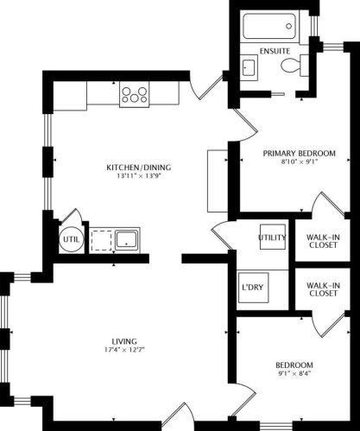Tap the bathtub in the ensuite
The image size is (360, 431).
pos(273,27)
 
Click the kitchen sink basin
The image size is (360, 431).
pos(128,238)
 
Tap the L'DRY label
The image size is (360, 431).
pos(251,284)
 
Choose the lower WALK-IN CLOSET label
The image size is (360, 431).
pos(323,288)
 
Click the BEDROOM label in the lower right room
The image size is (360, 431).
pos(294,364)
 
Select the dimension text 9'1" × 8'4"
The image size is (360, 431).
pos(294,373)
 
